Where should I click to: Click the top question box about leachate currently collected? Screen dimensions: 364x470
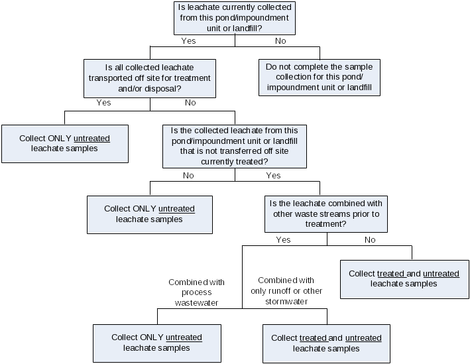click(235, 18)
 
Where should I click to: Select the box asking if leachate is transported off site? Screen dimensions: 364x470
click(150, 78)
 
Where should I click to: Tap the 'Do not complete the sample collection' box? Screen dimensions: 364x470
click(319, 78)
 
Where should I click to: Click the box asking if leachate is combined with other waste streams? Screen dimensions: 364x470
click(326, 213)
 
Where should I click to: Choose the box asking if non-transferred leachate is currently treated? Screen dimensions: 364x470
click(235, 146)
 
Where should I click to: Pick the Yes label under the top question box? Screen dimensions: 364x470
click(189, 41)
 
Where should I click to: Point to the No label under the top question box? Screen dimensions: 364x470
click(280, 41)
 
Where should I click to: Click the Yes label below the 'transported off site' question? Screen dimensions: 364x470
click(103, 103)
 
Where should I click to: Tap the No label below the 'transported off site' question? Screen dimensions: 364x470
click(190, 103)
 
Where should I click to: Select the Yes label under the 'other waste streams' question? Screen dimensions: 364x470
click(283, 240)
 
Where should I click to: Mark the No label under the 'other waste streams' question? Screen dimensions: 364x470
click(370, 240)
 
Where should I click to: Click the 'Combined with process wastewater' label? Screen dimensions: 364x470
click(196, 292)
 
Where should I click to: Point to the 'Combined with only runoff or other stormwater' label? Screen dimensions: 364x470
click(286, 291)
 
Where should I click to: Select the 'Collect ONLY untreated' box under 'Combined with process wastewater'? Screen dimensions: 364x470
click(156, 343)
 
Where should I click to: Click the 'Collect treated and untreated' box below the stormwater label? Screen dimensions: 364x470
click(326, 343)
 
